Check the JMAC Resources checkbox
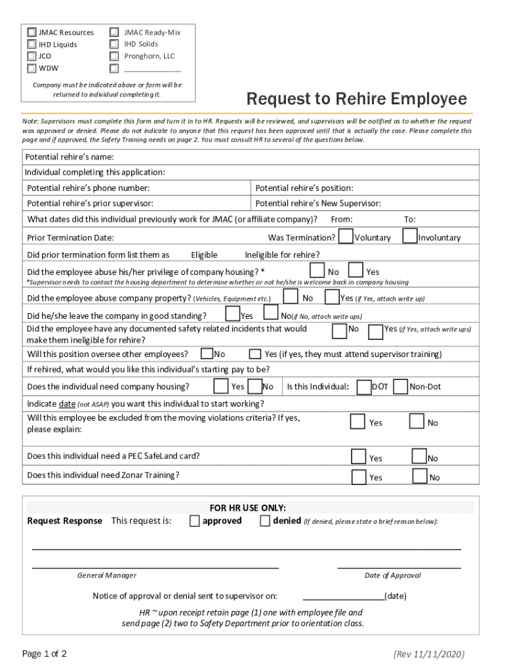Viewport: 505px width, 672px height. (31, 32)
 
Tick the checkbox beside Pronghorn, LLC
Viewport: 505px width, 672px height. (114, 56)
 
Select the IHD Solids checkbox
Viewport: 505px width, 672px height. (114, 44)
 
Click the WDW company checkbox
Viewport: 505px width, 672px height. (31, 68)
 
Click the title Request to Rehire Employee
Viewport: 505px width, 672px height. (356, 99)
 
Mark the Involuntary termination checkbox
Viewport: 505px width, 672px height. (410, 236)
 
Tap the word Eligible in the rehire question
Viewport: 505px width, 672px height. (204, 255)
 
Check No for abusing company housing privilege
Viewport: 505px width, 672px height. (317, 270)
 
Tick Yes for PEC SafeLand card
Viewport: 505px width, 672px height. (358, 456)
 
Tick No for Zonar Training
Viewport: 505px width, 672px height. (419, 476)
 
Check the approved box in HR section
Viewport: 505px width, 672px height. (195, 521)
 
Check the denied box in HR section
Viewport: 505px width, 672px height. (265, 521)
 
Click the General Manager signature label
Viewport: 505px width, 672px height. (107, 576)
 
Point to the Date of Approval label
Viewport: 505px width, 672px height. (392, 576)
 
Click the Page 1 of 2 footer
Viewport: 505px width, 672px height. (45, 654)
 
